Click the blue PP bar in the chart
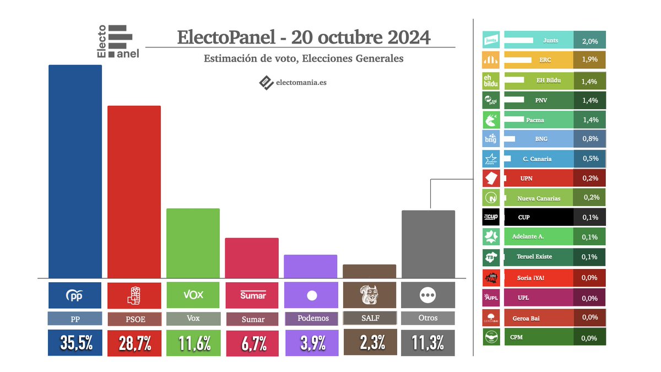pyautogui.click(x=75, y=171)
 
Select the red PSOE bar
pyautogui.click(x=134, y=192)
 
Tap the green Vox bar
pyautogui.click(x=193, y=243)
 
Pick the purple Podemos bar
pyautogui.click(x=310, y=266)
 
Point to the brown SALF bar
pyautogui.click(x=369, y=271)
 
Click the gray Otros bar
pyautogui.click(x=428, y=244)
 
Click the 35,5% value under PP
pyautogui.click(x=75, y=343)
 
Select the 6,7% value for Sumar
pyautogui.click(x=252, y=343)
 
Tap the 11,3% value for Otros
pyautogui.click(x=428, y=343)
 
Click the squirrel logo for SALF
pyautogui.click(x=369, y=295)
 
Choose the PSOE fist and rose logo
pyautogui.click(x=134, y=295)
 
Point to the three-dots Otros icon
pyautogui.click(x=428, y=295)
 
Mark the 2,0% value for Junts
pyautogui.click(x=590, y=40)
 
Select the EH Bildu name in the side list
pyautogui.click(x=549, y=80)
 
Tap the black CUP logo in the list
pyautogui.click(x=491, y=217)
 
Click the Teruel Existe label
pyautogui.click(x=534, y=257)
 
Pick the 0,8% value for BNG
pyautogui.click(x=590, y=139)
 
